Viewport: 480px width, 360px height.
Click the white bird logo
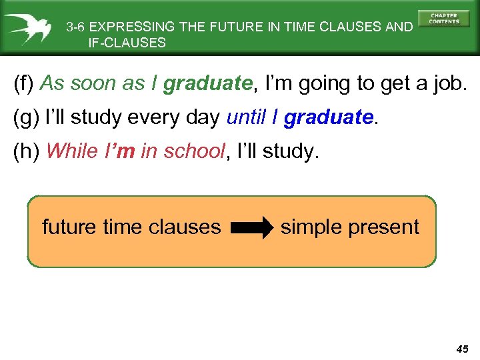tap(27, 27)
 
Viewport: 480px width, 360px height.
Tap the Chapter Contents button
tap(444, 19)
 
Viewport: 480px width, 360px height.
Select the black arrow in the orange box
tap(253, 227)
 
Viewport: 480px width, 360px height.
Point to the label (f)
tap(25, 84)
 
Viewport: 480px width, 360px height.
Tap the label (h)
tap(26, 151)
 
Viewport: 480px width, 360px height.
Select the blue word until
tap(246, 117)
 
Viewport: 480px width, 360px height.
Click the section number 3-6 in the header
tap(75, 27)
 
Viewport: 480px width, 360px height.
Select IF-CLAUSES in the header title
tap(127, 43)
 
